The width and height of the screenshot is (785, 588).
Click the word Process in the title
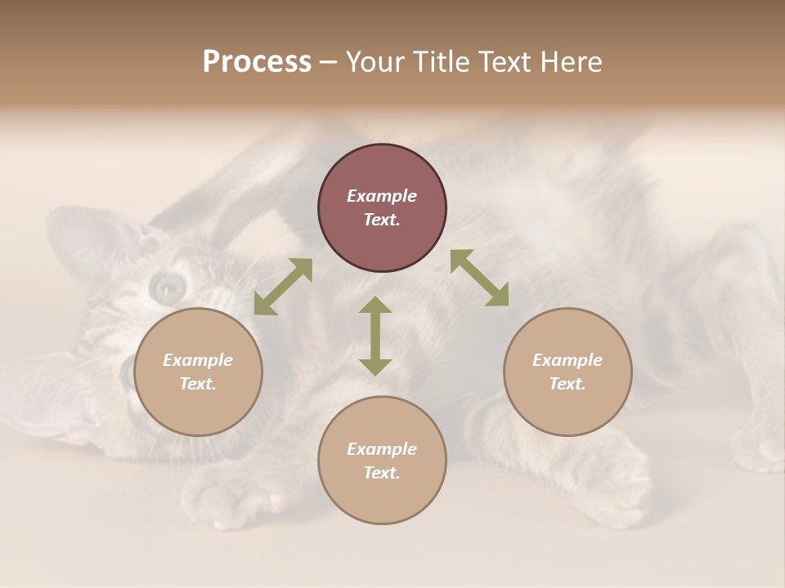pos(257,62)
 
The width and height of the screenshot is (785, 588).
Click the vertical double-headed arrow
pos(375,336)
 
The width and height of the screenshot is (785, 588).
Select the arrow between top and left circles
pos(283,287)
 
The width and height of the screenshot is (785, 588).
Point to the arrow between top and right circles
pos(480,278)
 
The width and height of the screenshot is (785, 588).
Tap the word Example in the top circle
pos(382,196)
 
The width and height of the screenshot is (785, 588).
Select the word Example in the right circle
pos(567,360)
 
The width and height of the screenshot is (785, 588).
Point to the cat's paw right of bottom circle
pos(613,482)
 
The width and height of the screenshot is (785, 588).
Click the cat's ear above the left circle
pos(90,237)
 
